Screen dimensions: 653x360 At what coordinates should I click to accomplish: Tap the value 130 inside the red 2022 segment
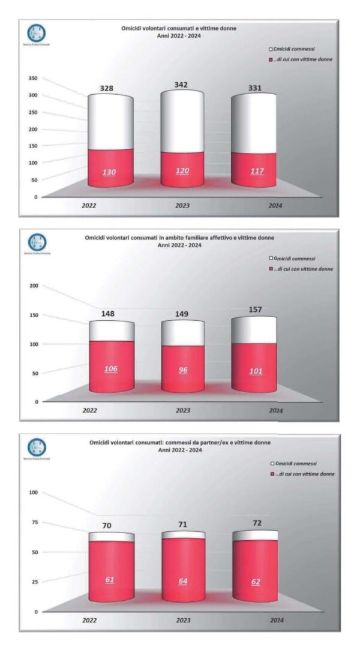click(109, 172)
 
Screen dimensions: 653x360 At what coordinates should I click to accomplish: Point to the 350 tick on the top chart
click(33, 79)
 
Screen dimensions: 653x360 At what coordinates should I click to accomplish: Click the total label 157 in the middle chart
click(254, 310)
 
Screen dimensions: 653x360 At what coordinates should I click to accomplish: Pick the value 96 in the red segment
click(182, 370)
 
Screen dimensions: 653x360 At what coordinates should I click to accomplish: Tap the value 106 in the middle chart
click(110, 369)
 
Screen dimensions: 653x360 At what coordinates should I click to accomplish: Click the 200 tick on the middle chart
click(33, 286)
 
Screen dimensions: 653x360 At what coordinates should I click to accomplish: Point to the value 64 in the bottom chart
click(182, 581)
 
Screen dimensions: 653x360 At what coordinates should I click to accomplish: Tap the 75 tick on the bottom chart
click(34, 522)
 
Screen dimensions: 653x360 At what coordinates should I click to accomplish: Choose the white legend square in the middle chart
click(271, 258)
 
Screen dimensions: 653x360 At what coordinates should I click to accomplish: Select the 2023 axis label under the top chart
click(182, 206)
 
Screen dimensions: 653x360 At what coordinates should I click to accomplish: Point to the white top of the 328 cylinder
click(110, 117)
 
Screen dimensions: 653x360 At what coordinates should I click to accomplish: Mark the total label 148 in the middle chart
click(108, 314)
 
